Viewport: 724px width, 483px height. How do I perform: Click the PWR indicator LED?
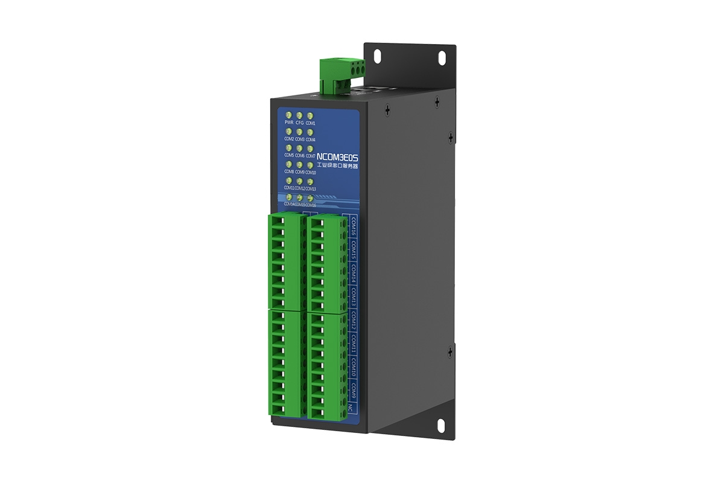click(x=289, y=115)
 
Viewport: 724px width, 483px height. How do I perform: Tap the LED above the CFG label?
click(x=300, y=115)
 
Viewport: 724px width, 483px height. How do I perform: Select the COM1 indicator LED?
click(x=310, y=115)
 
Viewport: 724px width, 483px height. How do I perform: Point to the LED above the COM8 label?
click(x=289, y=164)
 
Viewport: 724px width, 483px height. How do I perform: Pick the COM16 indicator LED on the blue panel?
click(x=310, y=197)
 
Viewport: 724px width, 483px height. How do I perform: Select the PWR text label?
click(x=289, y=123)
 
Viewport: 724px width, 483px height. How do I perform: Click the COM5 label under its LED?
click(x=289, y=156)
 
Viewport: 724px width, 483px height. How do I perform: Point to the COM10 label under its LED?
click(x=311, y=172)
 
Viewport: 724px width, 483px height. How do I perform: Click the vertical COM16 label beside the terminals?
click(x=354, y=226)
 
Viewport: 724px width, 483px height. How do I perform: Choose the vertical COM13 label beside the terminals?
click(x=354, y=296)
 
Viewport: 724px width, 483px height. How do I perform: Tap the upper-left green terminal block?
click(x=285, y=262)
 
